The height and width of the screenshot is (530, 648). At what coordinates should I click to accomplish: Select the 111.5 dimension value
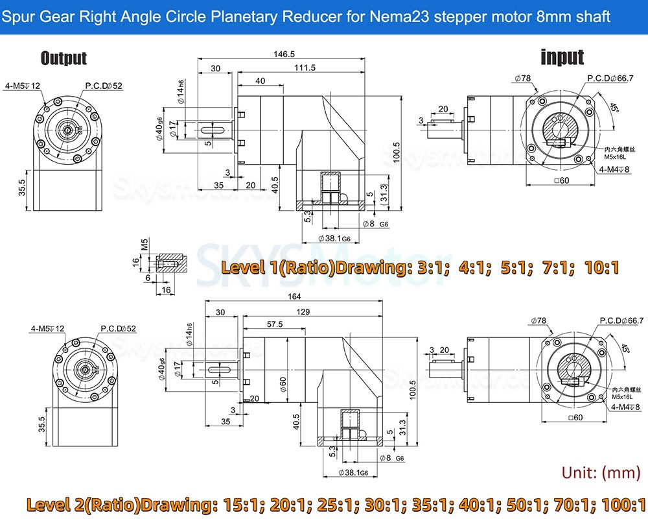click(x=304, y=67)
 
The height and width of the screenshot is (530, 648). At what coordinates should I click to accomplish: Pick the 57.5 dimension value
click(x=274, y=324)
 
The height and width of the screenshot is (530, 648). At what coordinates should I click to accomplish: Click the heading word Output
click(x=64, y=58)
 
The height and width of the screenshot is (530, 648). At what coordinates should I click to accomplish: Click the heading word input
click(x=562, y=57)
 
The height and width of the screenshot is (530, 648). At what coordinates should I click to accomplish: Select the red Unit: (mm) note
click(x=601, y=472)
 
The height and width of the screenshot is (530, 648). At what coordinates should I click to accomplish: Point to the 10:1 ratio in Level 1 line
click(x=601, y=267)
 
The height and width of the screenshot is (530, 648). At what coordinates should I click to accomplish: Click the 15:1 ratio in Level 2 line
click(x=244, y=505)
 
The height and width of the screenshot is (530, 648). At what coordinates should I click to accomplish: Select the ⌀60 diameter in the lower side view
click(x=283, y=385)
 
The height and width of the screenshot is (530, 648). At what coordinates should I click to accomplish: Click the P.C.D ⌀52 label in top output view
click(x=104, y=86)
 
